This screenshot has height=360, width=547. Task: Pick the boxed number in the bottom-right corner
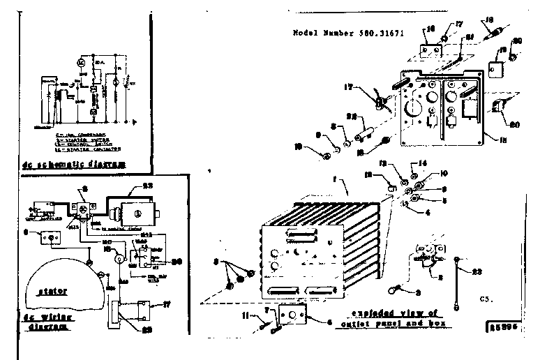pyautogui.click(x=497, y=325)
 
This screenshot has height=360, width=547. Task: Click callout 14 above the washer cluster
pyautogui.click(x=413, y=165)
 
